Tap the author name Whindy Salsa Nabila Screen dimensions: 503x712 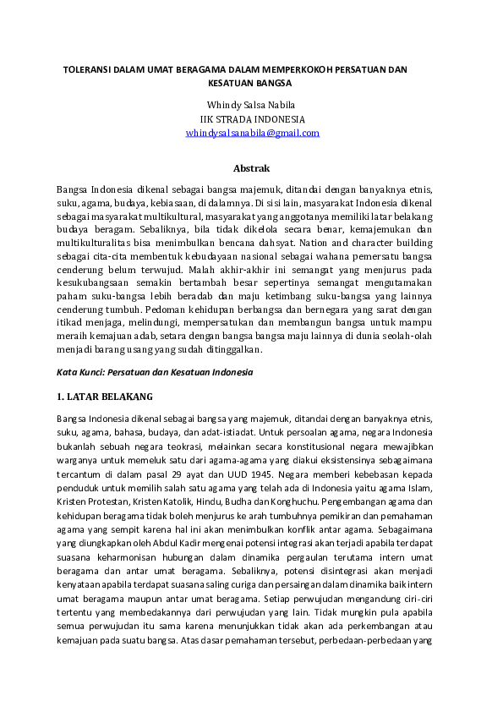point(253,106)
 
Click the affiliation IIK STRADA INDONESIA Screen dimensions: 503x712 point(253,119)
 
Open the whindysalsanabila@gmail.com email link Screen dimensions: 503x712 point(253,133)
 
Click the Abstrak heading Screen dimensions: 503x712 point(252,168)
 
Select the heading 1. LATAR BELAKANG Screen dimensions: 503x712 point(105,396)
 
